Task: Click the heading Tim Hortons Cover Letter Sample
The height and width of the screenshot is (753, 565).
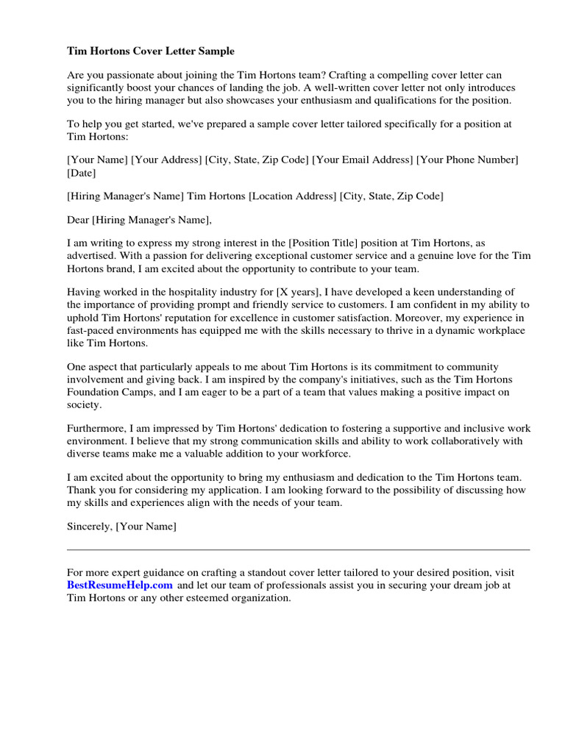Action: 151,51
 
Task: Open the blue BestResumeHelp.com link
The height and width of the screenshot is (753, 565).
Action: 120,585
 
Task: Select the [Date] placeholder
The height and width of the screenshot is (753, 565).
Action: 81,173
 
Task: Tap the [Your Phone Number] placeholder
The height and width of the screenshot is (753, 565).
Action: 467,160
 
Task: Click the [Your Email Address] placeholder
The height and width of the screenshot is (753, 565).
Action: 363,160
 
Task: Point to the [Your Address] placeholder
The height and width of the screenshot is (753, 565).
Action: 166,160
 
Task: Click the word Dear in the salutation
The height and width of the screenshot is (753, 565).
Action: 77,219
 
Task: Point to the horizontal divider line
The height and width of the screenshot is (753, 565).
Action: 298,549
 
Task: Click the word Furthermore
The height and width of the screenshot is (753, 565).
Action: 96,428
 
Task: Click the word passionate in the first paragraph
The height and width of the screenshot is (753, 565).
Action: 126,75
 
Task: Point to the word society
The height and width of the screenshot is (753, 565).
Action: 84,404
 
